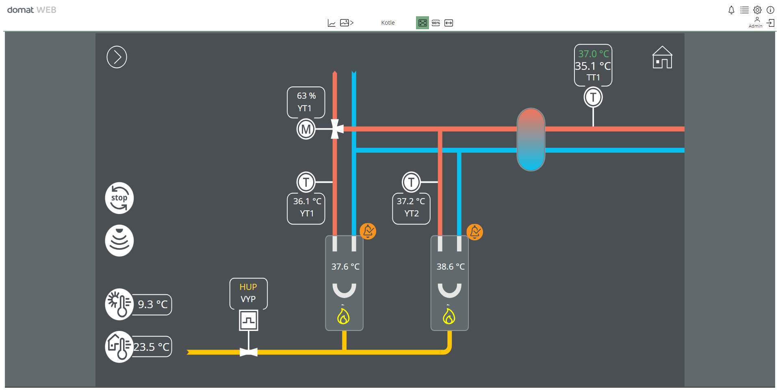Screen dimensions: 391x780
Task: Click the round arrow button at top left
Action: [117, 57]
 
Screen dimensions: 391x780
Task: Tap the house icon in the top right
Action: [662, 57]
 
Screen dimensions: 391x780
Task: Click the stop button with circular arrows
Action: [119, 198]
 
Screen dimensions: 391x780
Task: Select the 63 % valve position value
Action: [306, 96]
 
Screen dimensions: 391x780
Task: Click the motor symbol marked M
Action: [306, 130]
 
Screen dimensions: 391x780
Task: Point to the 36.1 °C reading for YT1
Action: [307, 201]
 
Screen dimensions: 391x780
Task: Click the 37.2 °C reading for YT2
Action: [411, 201]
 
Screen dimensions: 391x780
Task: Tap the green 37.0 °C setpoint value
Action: [593, 54]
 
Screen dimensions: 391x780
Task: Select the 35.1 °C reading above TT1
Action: [593, 66]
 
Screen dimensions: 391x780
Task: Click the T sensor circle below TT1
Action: [593, 97]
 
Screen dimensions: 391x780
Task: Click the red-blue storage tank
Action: [531, 139]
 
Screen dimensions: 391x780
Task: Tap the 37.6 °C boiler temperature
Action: [345, 267]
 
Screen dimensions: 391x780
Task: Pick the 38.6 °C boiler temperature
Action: [451, 267]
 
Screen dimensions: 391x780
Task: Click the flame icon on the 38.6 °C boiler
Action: [449, 316]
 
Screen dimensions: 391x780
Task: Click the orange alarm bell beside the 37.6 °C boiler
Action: [368, 231]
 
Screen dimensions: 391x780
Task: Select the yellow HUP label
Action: [248, 287]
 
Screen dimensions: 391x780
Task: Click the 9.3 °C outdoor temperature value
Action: [153, 305]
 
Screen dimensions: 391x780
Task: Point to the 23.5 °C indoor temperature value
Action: [152, 347]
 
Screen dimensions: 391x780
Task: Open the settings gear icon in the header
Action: [757, 10]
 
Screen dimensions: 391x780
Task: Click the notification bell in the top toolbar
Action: [731, 10]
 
